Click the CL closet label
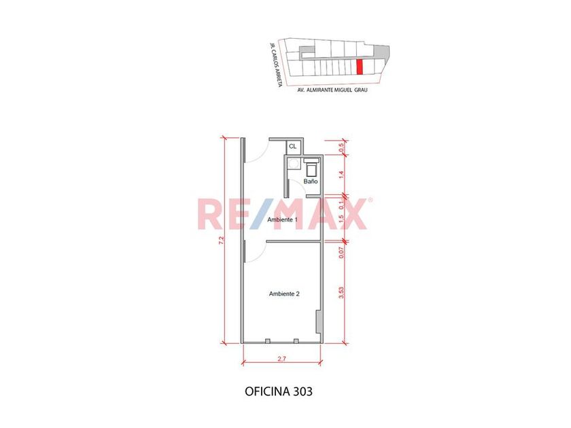point(292,147)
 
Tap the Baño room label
point(311,181)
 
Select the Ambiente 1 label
point(283,220)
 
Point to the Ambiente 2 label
point(284,293)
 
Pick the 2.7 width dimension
point(282,359)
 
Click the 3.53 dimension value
point(341,293)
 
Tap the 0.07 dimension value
point(341,253)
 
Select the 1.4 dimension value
point(341,175)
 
